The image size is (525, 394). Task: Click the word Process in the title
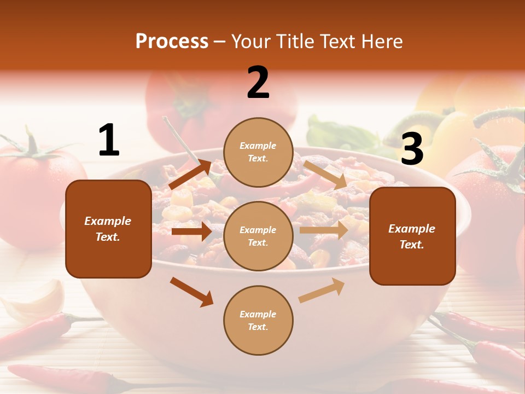(x=172, y=42)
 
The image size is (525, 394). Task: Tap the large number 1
(x=109, y=140)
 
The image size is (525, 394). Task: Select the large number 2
(x=258, y=83)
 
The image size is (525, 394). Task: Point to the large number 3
(x=412, y=149)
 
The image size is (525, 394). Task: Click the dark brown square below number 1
(x=108, y=229)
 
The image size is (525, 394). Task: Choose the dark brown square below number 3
(x=412, y=236)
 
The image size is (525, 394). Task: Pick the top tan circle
(x=258, y=152)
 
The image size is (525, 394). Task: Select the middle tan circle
(x=258, y=236)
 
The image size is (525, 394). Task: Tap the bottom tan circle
(x=258, y=320)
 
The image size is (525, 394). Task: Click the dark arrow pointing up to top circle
(x=190, y=174)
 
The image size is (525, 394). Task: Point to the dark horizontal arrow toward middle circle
(x=191, y=231)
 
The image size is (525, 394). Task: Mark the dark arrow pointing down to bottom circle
(x=191, y=292)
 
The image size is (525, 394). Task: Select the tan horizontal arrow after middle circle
(x=323, y=230)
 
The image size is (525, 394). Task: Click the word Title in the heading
(x=297, y=42)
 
